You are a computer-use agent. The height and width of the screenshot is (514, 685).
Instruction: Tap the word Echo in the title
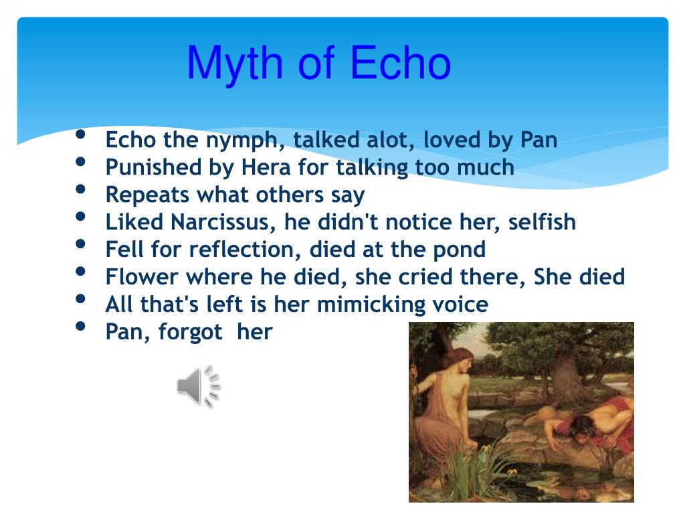pos(401,64)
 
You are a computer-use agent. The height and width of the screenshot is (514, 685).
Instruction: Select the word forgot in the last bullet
pos(191,332)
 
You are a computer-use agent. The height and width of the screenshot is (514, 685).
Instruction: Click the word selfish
pos(542,222)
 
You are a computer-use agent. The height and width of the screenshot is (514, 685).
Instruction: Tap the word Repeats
pos(148,195)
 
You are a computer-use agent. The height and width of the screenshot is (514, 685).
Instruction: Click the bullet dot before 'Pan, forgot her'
pos(81,327)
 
